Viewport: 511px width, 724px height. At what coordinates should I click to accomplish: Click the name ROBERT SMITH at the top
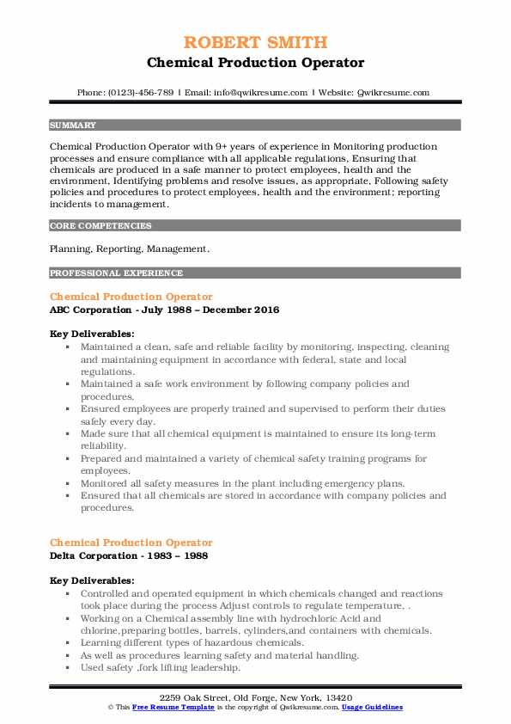click(x=255, y=43)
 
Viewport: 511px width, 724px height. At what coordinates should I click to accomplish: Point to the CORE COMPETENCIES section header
click(x=100, y=226)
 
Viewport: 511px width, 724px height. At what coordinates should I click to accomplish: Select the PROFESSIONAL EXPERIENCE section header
click(x=116, y=273)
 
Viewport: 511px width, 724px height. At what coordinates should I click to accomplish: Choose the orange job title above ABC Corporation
click(x=131, y=297)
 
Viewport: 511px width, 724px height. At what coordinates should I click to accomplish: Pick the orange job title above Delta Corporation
click(x=131, y=543)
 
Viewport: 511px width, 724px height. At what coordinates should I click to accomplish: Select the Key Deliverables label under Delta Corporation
click(x=92, y=580)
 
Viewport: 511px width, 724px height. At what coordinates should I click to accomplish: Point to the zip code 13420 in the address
click(x=337, y=696)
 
